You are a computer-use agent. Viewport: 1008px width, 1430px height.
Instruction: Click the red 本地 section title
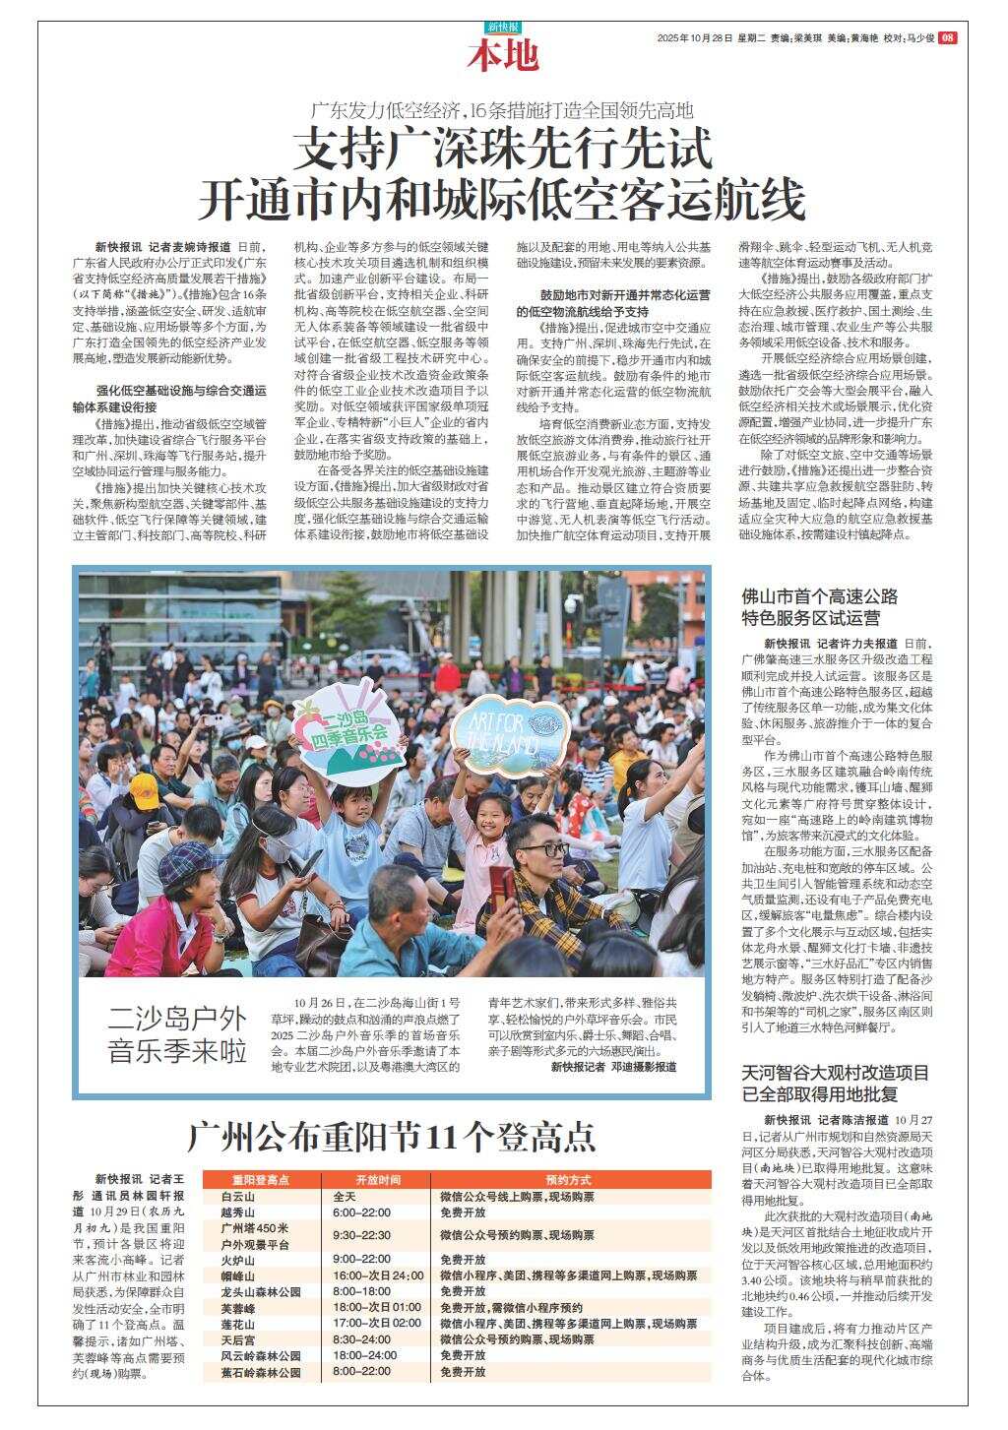503,56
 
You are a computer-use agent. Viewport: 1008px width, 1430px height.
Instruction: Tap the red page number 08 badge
947,37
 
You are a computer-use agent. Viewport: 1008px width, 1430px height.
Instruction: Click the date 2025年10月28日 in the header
695,38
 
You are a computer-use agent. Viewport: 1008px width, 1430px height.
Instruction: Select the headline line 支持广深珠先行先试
503,151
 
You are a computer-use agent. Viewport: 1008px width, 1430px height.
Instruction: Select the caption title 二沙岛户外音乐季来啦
177,1033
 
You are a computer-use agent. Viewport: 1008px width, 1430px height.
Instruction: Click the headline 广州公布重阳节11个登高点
392,1137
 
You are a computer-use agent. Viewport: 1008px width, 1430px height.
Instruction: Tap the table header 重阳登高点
261,1179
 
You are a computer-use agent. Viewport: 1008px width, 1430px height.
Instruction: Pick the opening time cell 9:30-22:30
362,1235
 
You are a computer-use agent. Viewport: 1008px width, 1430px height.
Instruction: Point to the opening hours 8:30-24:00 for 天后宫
361,1339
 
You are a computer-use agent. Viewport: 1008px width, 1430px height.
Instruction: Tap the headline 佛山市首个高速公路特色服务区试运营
819,606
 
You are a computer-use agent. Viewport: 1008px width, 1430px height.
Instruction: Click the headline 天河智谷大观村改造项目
835,1073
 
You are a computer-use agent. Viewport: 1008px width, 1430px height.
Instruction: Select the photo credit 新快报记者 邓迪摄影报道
613,1067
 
